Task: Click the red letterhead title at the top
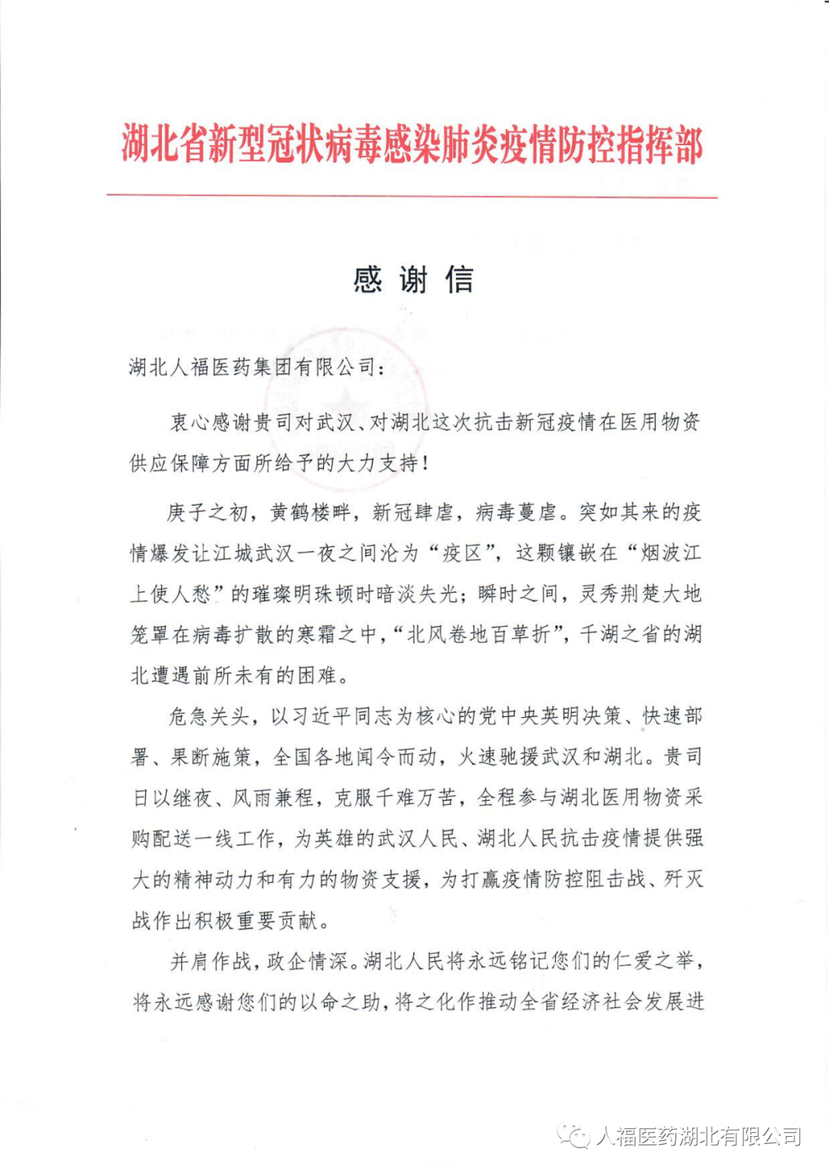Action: (412, 144)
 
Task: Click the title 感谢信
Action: (414, 279)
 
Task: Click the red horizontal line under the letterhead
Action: (412, 197)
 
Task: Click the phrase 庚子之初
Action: (207, 512)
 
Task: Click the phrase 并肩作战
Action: (209, 960)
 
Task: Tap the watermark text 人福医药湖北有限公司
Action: (698, 1135)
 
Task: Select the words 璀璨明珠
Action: (292, 593)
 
